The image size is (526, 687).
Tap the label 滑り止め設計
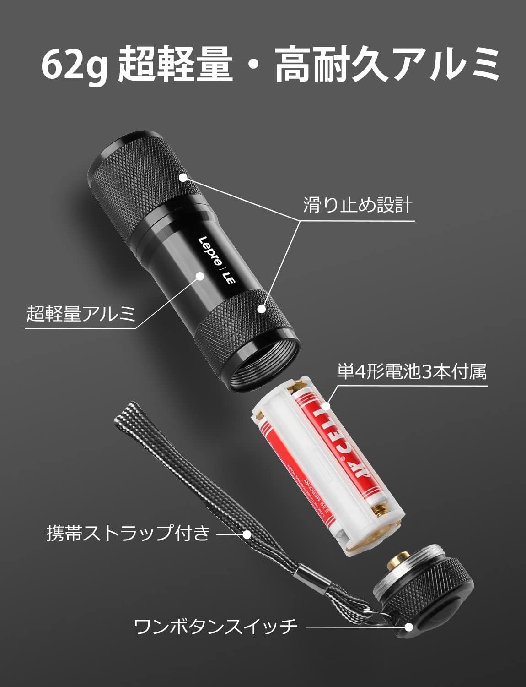pyautogui.click(x=358, y=206)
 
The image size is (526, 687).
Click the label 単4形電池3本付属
pyautogui.click(x=412, y=372)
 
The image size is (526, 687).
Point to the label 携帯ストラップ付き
pyautogui.click(x=128, y=534)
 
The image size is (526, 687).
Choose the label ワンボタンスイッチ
pyautogui.click(x=215, y=626)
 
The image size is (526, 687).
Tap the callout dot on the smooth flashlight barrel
pyautogui.click(x=199, y=275)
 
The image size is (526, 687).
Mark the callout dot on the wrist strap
pyautogui.click(x=247, y=534)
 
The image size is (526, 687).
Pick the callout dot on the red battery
pyautogui.click(x=327, y=406)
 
